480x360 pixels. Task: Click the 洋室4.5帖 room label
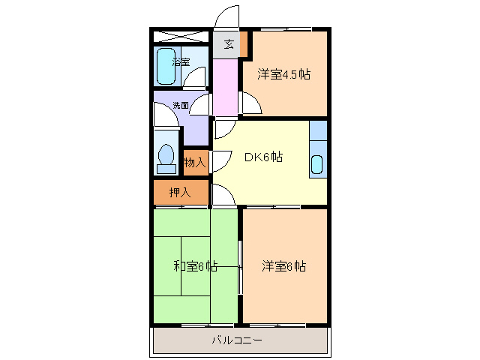[284, 74]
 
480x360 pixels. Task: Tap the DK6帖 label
[263, 157]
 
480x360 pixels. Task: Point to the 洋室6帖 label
[284, 266]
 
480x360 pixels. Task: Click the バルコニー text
[236, 340]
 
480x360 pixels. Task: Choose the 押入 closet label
[179, 192]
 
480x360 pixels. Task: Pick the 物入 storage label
[195, 162]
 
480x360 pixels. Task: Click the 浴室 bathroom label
[181, 62]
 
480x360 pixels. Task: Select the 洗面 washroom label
[181, 106]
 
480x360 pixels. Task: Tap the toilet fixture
[166, 157]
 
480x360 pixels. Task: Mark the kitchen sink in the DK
[317, 163]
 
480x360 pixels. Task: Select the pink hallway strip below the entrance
[225, 85]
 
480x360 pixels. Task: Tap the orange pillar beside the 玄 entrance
[244, 43]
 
